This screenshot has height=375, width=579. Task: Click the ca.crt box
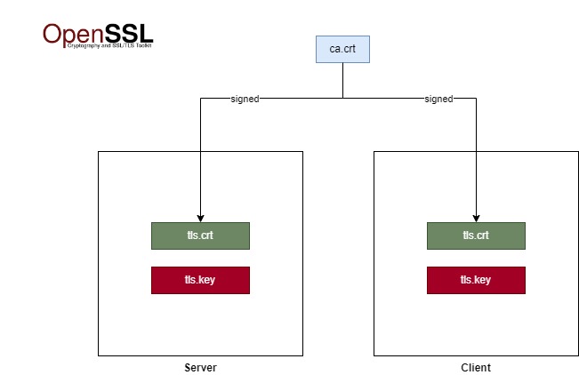pyautogui.click(x=342, y=50)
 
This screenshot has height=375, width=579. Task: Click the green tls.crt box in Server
pyautogui.click(x=200, y=235)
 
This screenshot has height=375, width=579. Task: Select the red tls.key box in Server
pyautogui.click(x=200, y=280)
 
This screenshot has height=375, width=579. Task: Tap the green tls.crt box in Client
pyautogui.click(x=476, y=235)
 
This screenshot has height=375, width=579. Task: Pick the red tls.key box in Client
pyautogui.click(x=476, y=280)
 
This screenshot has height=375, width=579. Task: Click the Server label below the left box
pyautogui.click(x=200, y=367)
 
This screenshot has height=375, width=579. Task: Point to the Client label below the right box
pyautogui.click(x=476, y=367)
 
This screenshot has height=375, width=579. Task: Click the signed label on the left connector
pyautogui.click(x=245, y=99)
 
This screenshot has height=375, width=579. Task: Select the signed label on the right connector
pyautogui.click(x=439, y=99)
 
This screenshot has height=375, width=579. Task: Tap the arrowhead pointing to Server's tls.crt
pyautogui.click(x=200, y=218)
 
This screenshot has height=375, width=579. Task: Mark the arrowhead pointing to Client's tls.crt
pyautogui.click(x=476, y=218)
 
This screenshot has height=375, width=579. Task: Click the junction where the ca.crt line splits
pyautogui.click(x=342, y=98)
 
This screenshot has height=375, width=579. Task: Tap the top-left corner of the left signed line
pyautogui.click(x=200, y=98)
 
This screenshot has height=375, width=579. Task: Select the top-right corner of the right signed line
pyautogui.click(x=476, y=98)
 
